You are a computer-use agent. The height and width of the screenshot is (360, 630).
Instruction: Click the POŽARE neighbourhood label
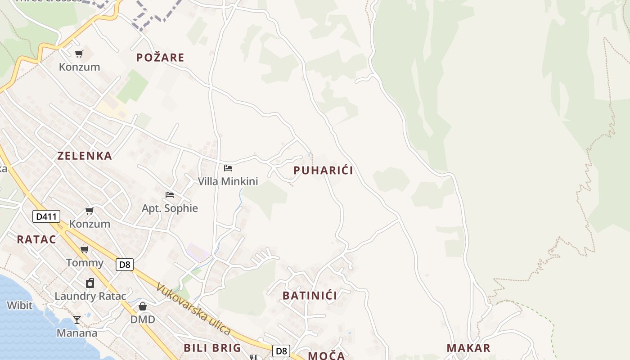160,58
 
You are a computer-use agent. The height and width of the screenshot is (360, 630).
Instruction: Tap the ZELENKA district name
85,156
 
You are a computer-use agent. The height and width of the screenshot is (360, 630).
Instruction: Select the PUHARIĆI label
323,171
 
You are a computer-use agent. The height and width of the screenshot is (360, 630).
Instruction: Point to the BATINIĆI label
310,296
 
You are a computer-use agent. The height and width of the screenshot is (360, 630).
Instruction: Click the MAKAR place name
468,348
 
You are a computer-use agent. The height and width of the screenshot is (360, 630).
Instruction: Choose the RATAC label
36,239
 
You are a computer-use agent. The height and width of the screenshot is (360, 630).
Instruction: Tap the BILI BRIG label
212,348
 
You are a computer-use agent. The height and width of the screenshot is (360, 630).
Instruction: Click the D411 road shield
46,216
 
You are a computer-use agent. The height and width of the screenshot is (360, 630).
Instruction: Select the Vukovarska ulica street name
193,308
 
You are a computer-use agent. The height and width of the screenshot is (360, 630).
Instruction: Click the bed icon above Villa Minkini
228,168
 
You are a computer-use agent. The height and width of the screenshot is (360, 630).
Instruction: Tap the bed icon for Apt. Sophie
170,195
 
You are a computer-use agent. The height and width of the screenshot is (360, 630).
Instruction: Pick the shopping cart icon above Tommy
84,249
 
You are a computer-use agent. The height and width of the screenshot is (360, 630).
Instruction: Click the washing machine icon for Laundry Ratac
90,283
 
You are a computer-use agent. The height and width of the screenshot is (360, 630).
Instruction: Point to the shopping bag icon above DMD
143,306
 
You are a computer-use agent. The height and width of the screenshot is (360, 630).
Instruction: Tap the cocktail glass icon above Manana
77,320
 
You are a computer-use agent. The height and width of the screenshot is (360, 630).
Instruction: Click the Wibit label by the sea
19,306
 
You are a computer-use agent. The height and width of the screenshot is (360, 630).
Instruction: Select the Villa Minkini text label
228,181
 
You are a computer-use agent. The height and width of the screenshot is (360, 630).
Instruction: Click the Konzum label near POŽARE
79,67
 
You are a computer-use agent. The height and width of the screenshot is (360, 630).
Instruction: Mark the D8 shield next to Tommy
125,265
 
